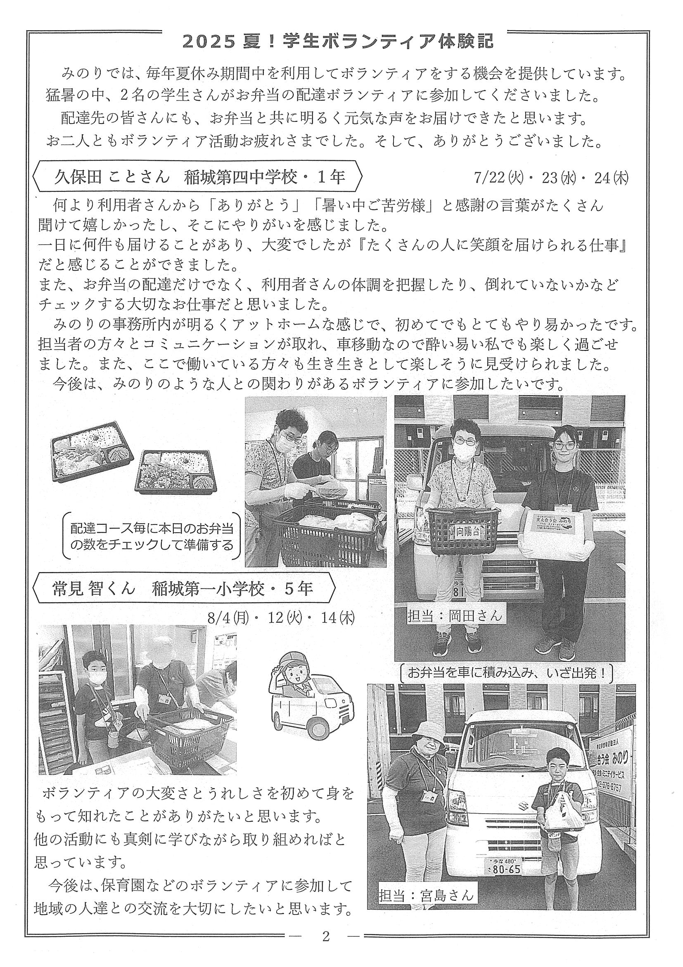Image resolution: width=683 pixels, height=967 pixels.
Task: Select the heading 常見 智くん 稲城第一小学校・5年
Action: (183, 588)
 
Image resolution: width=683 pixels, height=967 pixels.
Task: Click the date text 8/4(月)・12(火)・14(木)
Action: (281, 618)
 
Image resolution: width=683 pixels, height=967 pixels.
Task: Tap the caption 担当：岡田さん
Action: (455, 616)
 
